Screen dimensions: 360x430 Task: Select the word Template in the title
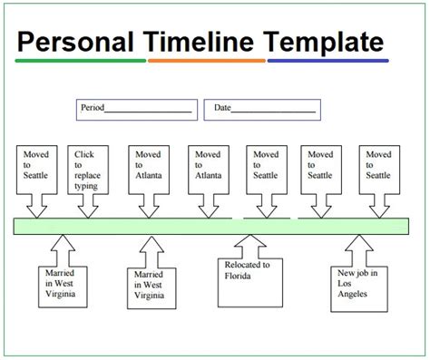pos(322,42)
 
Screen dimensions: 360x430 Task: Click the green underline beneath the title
pos(81,61)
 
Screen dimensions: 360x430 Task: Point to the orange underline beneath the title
pos(206,61)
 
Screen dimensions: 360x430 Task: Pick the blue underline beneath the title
pos(327,61)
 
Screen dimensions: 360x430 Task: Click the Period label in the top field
pos(93,108)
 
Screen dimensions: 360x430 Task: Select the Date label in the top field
pos(222,108)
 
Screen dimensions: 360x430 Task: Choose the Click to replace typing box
pos(87,170)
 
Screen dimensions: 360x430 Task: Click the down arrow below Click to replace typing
pos(87,209)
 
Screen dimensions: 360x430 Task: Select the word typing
pos(86,186)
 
